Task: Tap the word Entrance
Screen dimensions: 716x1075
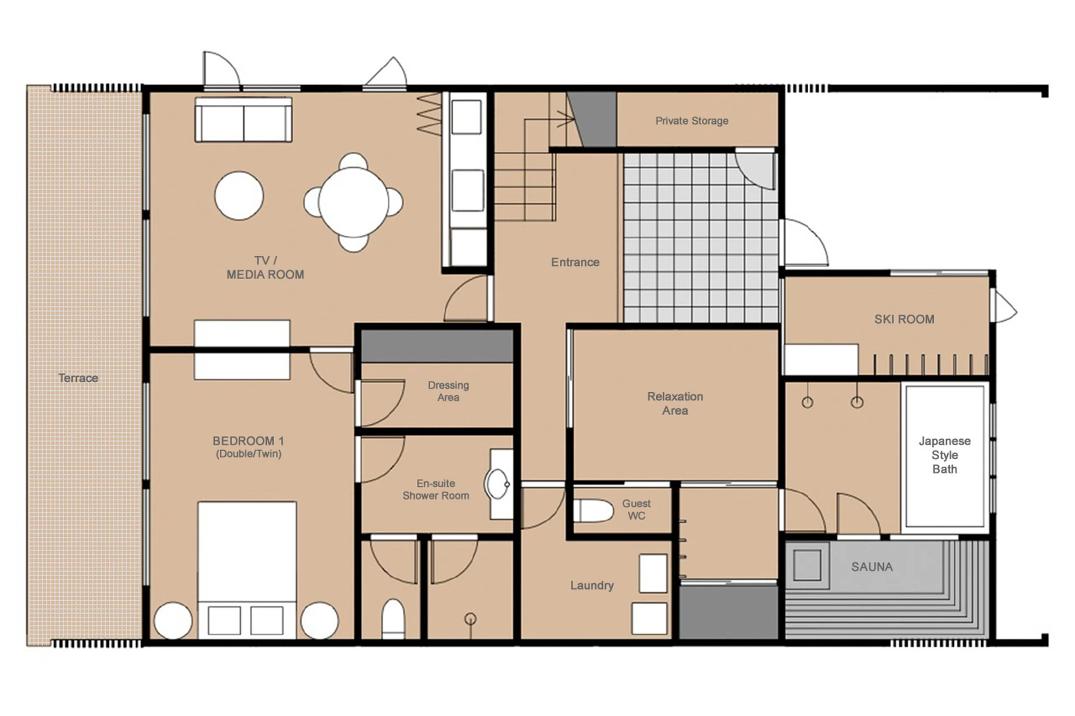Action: pyautogui.click(x=575, y=262)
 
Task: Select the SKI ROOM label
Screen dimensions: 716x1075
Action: pyautogui.click(x=904, y=319)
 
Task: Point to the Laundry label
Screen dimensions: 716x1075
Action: pyautogui.click(x=591, y=585)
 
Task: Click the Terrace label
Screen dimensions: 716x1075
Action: pyautogui.click(x=78, y=378)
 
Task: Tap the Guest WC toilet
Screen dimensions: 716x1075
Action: pyautogui.click(x=593, y=511)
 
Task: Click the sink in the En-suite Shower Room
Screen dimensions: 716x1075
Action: pyautogui.click(x=498, y=484)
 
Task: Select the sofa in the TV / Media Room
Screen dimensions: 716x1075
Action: pyautogui.click(x=244, y=120)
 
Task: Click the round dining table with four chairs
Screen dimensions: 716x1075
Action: pyautogui.click(x=353, y=202)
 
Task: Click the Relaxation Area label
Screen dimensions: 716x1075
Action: pyautogui.click(x=675, y=403)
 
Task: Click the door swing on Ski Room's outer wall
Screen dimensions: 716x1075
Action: pyautogui.click(x=1004, y=307)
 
